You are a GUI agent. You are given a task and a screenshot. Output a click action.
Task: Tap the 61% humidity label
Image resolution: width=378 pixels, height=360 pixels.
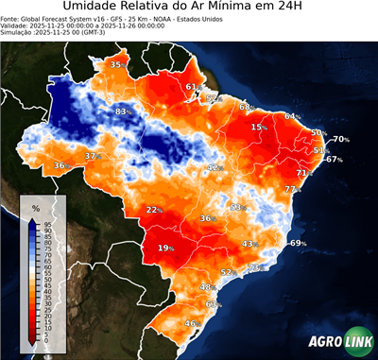click(192, 87)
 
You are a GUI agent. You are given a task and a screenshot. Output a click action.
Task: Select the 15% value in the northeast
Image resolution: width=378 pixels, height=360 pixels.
click(259, 127)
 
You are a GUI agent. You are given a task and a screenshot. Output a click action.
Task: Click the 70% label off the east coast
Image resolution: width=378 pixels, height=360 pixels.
click(340, 140)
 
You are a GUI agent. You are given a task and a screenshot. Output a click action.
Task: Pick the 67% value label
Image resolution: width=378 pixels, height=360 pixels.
click(334, 160)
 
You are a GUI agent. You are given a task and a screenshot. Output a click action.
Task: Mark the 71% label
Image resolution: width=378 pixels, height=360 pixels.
click(304, 174)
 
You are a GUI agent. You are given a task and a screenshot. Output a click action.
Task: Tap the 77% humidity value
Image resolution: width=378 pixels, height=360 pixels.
click(292, 189)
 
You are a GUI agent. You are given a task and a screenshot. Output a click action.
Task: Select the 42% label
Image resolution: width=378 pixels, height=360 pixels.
click(215, 167)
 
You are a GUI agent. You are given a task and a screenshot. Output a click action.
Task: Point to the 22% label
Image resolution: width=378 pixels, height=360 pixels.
click(155, 210)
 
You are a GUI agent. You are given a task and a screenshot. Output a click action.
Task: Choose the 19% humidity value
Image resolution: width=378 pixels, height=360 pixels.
click(166, 249)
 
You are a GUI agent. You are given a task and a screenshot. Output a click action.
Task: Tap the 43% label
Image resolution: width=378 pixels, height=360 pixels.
click(250, 244)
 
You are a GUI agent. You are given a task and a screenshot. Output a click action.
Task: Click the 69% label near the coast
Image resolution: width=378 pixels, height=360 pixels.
click(299, 244)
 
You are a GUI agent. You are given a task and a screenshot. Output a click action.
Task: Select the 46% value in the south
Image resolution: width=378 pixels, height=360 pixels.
click(191, 324)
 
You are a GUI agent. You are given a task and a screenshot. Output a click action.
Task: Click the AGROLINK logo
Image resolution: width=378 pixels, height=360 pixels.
click(337, 343)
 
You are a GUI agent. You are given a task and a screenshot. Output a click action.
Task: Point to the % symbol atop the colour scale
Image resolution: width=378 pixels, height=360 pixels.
click(35, 207)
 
